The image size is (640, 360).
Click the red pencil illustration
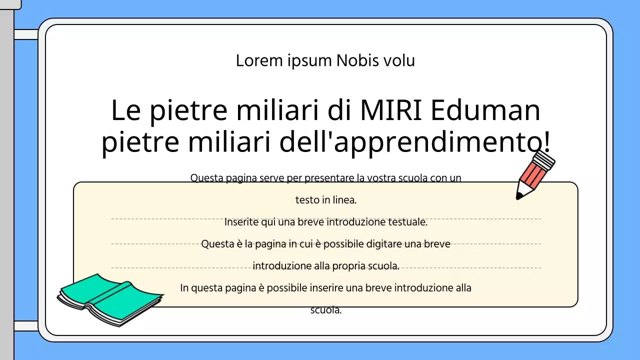click(534, 175)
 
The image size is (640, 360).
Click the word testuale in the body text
click(410, 222)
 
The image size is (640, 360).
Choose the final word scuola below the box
click(325, 310)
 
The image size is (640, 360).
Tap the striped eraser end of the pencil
click(544, 159)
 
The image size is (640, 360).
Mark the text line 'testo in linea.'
click(325, 200)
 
